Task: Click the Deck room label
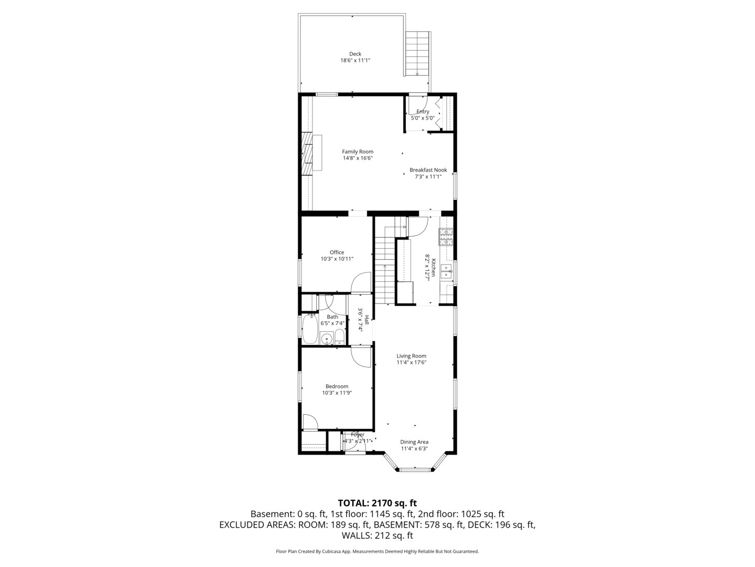(x=355, y=54)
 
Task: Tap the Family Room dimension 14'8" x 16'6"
(x=358, y=158)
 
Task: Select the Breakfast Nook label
(x=428, y=170)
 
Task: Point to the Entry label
(x=423, y=111)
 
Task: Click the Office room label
(x=337, y=253)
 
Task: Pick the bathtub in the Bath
(x=310, y=329)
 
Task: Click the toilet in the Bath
(x=339, y=337)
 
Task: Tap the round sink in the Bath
(x=327, y=339)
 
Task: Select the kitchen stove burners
(x=446, y=237)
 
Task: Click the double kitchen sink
(x=447, y=271)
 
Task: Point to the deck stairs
(x=417, y=54)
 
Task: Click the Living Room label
(x=411, y=356)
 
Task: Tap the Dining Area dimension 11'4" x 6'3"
(x=414, y=448)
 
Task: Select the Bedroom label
(x=337, y=386)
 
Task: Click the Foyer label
(x=358, y=435)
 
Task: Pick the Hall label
(x=366, y=320)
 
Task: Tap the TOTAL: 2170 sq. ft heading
(x=377, y=503)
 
